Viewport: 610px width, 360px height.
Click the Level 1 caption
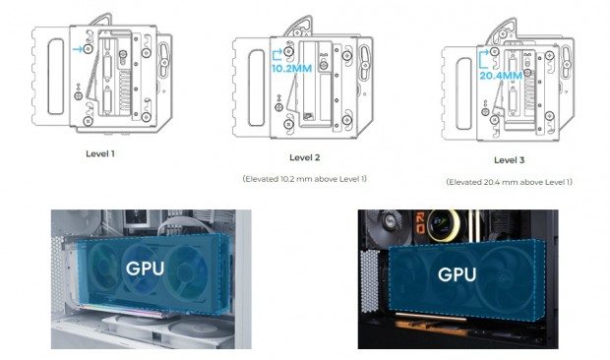tap(100, 153)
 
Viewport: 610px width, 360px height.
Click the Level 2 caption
tap(305, 157)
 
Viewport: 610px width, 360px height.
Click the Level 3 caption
tap(510, 159)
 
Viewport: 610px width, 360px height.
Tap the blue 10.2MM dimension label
tap(292, 69)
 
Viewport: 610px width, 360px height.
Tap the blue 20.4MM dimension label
tap(500, 76)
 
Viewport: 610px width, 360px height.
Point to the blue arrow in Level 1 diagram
tap(78, 49)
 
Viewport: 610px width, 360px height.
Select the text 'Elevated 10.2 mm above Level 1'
tap(305, 179)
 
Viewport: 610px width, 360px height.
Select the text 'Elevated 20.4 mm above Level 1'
tap(510, 182)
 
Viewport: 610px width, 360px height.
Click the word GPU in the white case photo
tap(145, 269)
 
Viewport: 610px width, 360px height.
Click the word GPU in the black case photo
tap(457, 274)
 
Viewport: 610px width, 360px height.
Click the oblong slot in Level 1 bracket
tap(56, 76)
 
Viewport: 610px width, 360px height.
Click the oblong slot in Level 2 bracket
tap(257, 88)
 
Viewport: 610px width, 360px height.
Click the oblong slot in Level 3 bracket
tap(463, 93)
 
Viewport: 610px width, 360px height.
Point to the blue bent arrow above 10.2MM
tap(277, 55)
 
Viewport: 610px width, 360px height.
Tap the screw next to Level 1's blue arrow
tap(89, 49)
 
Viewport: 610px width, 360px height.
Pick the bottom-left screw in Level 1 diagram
tap(88, 121)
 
